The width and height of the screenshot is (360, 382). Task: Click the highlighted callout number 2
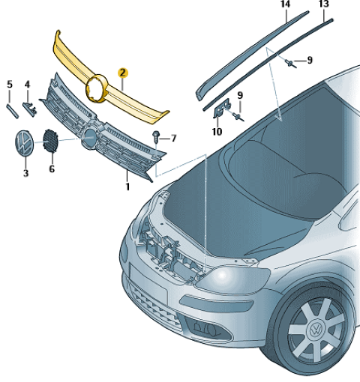[123, 73]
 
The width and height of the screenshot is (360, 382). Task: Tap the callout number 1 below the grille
[127, 187]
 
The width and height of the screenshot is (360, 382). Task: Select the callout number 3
[25, 173]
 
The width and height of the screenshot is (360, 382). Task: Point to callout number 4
[27, 84]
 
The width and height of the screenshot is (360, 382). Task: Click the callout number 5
[10, 84]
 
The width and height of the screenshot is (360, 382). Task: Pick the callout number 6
[52, 169]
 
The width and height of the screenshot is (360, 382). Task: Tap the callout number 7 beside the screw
[173, 138]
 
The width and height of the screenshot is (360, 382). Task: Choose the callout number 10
[217, 132]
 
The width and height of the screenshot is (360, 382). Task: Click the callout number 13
[323, 4]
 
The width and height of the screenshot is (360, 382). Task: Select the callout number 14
[286, 4]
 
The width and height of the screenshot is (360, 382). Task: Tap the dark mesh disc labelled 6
[50, 140]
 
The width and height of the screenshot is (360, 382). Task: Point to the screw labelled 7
[156, 136]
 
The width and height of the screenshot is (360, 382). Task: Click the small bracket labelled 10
[221, 108]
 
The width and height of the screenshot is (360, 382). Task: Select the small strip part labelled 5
[12, 111]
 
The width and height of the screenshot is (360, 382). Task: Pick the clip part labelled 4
[29, 108]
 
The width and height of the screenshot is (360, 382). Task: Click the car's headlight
[232, 279]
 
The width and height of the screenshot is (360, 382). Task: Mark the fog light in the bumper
[208, 330]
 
